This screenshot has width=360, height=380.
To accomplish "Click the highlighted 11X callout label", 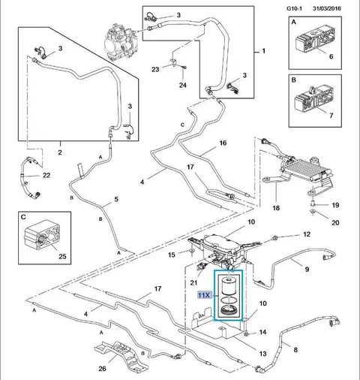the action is [x=205, y=295].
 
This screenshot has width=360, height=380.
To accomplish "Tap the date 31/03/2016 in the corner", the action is [x=327, y=8].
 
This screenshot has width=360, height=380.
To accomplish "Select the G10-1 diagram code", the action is [x=294, y=8].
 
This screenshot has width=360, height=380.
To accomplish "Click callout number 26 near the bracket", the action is [x=102, y=369].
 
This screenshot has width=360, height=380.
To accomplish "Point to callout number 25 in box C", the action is [x=62, y=256].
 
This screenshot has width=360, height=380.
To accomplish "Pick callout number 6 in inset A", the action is [x=331, y=56].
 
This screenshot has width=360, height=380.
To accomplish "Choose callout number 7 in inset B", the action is [x=331, y=116].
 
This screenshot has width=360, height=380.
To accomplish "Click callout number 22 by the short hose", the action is [x=46, y=175].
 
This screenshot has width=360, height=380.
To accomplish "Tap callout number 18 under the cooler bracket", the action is [x=276, y=208].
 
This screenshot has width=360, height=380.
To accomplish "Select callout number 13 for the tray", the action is [x=262, y=354].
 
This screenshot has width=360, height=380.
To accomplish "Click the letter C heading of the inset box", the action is [x=23, y=217].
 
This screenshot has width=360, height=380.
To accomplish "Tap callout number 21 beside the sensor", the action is [x=193, y=283].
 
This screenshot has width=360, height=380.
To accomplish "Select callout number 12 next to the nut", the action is [x=307, y=234].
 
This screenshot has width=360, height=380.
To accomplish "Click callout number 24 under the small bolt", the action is [x=183, y=85].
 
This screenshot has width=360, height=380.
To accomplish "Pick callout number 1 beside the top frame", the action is [x=263, y=51].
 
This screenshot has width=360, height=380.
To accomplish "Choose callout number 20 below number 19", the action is [x=335, y=222].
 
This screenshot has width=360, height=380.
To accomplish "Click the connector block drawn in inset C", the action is [x=42, y=236].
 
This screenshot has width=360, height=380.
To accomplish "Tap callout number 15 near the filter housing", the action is [x=172, y=255].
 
